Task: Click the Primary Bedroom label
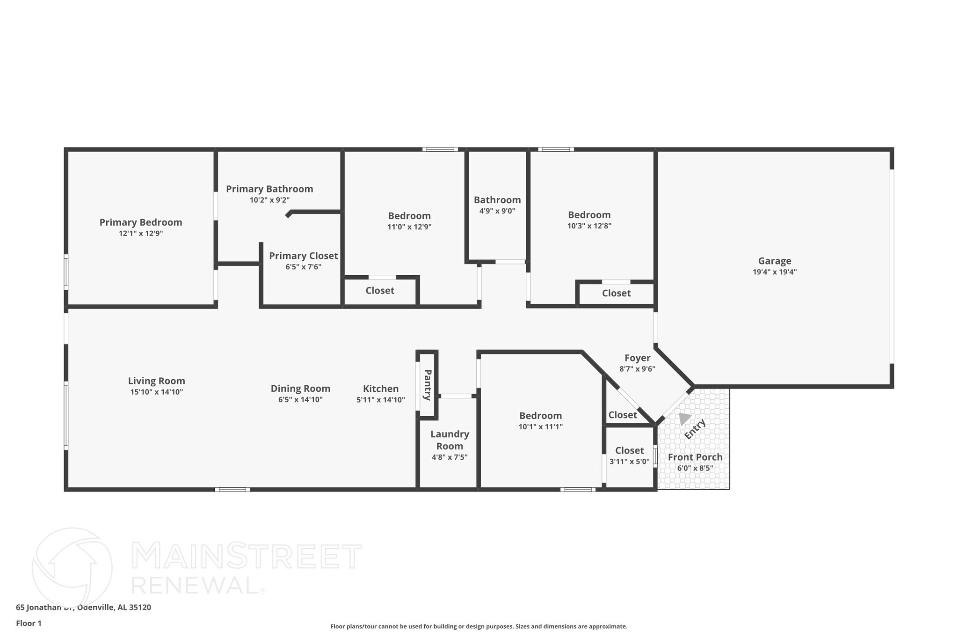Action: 140,222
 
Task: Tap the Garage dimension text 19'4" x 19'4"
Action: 775,272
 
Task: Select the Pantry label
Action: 427,385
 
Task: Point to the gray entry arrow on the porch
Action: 684,418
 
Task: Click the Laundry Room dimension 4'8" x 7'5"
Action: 449,457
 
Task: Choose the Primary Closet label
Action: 303,256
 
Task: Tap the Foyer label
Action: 637,358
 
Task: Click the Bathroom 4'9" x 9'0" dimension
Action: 497,211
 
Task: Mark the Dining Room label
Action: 300,389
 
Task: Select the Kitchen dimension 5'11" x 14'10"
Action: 380,400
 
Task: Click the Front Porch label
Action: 695,457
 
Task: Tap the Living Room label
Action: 156,381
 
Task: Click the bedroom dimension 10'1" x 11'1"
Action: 540,427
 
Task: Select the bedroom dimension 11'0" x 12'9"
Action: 409,227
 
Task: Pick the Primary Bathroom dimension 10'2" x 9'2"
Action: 269,200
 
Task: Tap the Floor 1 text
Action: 29,623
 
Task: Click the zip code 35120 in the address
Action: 140,607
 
